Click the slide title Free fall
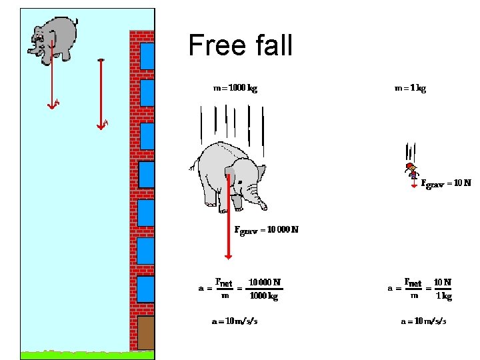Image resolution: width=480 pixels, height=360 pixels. point(240,45)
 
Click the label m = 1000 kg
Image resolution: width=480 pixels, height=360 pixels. point(235,87)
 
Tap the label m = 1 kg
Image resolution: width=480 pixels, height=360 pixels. point(410,87)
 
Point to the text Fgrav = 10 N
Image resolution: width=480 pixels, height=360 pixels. point(445,182)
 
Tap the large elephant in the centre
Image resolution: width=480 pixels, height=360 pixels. point(230,173)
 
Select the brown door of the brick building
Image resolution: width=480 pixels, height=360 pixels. point(146,332)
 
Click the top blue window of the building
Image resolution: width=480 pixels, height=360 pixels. point(147,56)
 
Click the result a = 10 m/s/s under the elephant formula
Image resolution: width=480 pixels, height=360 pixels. point(235,321)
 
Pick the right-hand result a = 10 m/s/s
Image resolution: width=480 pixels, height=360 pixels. point(423,321)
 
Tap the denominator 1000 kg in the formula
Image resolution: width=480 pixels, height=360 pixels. point(263,297)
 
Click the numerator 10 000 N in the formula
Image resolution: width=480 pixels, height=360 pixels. point(264,282)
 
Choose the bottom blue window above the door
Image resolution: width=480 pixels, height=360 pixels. point(147,289)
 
